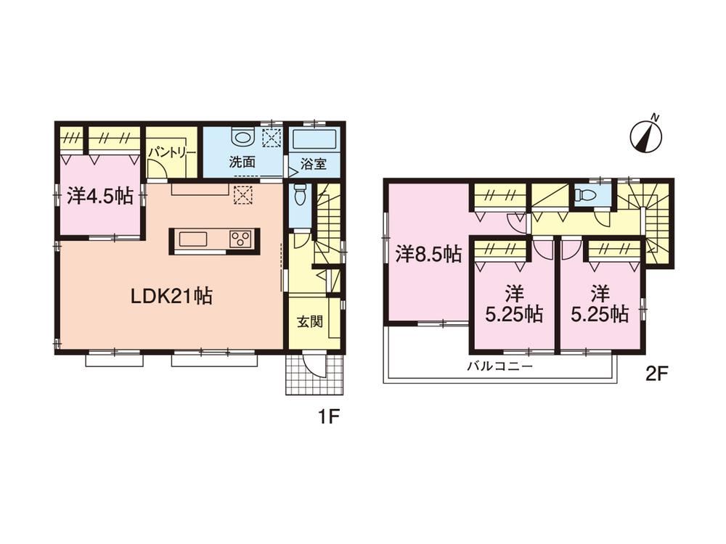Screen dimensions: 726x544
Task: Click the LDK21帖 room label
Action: (172, 296)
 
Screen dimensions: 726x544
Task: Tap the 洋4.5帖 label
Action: (100, 197)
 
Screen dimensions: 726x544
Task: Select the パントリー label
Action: (172, 153)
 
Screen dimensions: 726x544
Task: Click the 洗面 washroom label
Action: (242, 162)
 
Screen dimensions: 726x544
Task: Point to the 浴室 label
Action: (314, 164)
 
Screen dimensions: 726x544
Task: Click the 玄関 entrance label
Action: (309, 321)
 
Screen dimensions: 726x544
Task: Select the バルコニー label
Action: (500, 367)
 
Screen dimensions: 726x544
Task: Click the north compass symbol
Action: (646, 134)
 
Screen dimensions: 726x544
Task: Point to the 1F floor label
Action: (329, 418)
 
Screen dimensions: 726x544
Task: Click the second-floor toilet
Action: (582, 196)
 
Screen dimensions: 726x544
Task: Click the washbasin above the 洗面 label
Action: (242, 137)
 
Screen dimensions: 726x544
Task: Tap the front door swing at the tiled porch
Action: (315, 366)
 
